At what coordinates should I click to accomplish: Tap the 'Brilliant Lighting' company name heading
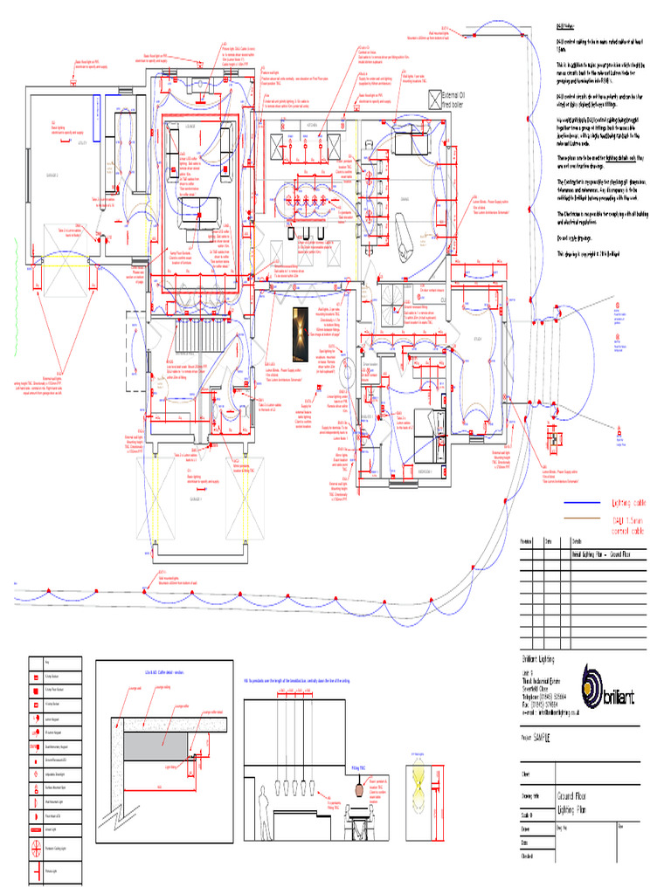click(x=538, y=659)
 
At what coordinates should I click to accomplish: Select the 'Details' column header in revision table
click(x=578, y=542)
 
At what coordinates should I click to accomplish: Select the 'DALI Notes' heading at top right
click(x=568, y=28)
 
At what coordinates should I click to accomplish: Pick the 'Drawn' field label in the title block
click(x=527, y=826)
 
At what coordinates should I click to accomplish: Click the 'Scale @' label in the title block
click(x=529, y=814)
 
